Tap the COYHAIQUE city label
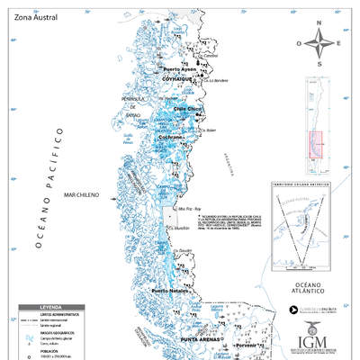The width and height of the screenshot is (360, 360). click(178, 79)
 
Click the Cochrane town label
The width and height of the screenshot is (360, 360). click(171, 138)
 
